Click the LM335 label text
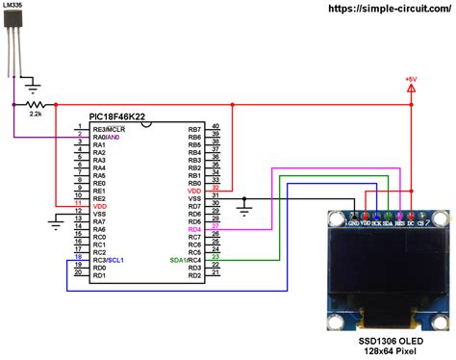click(14, 7)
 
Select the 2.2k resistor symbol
click(36, 103)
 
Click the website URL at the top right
click(391, 8)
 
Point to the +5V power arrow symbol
click(412, 90)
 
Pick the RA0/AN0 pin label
click(107, 137)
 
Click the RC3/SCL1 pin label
click(109, 260)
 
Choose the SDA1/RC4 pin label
click(187, 260)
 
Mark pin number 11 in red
click(79, 204)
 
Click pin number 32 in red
click(216, 188)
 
